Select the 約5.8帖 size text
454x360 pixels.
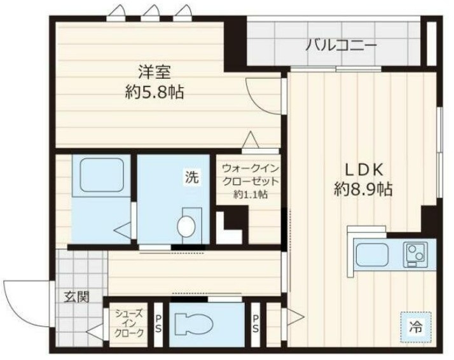[x=155, y=92]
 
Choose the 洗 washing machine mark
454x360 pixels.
[x=191, y=177]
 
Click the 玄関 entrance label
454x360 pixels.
[x=76, y=296]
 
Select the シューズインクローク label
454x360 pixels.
[x=129, y=322]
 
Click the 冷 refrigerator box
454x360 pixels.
[x=415, y=328]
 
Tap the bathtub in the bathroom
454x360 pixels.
[x=101, y=172]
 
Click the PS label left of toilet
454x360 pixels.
[x=158, y=322]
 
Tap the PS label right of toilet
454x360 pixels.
[x=256, y=322]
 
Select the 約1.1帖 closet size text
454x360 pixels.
[x=250, y=195]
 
